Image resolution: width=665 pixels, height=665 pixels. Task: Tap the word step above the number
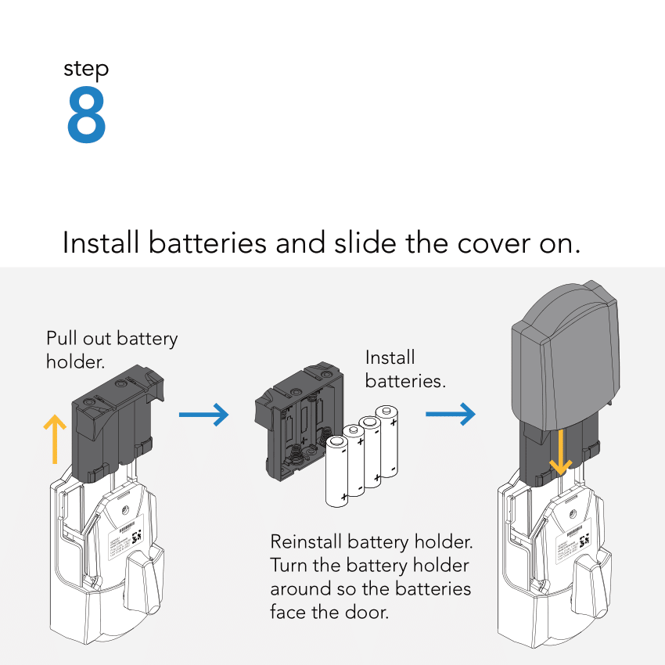pos(86,70)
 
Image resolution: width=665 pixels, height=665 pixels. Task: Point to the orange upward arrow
pos(54,438)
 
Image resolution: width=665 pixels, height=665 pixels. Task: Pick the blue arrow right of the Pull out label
pos(203,415)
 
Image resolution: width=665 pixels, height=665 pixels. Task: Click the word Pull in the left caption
pos(61,339)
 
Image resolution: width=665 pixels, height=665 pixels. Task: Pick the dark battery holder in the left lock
pos(113,426)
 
